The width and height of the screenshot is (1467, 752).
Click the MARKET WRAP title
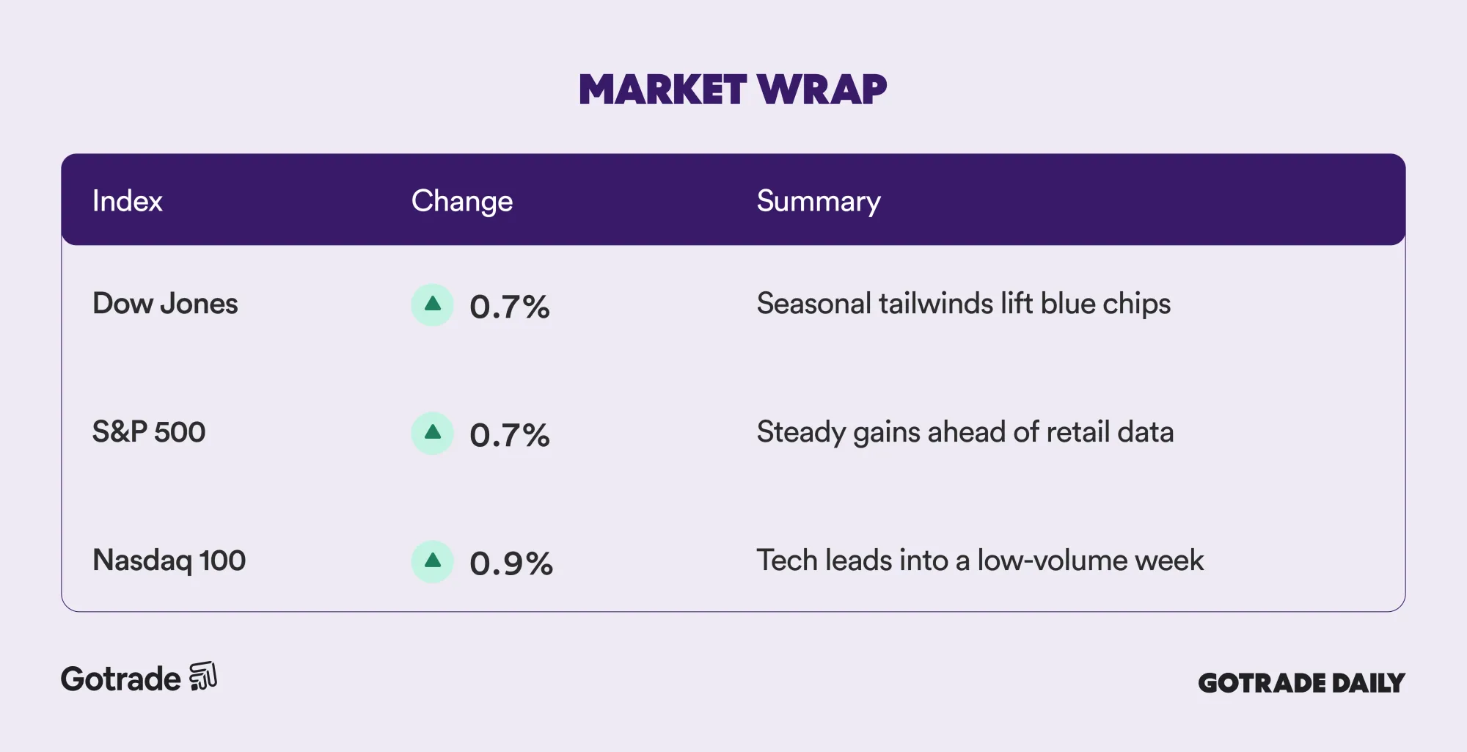(733, 90)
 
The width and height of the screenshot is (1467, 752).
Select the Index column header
(127, 200)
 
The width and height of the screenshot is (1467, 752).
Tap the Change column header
(461, 202)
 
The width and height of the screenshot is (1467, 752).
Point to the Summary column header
(819, 202)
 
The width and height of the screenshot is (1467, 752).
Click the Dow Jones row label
(165, 303)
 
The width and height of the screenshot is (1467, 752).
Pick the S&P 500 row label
(149, 431)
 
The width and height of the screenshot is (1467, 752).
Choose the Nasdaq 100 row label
(169, 561)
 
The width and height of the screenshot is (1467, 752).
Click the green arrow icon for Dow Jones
(433, 304)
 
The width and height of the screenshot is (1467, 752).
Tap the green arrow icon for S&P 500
(433, 433)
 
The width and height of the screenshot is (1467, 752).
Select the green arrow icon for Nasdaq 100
(433, 561)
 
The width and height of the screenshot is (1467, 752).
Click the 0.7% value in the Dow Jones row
(510, 307)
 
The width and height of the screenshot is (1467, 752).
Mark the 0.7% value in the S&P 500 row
(510, 435)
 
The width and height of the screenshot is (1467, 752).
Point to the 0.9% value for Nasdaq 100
(511, 563)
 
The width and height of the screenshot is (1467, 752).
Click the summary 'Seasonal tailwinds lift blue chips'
(964, 304)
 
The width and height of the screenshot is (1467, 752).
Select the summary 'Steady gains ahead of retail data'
(965, 432)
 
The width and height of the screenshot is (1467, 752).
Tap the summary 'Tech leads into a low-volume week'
(980, 561)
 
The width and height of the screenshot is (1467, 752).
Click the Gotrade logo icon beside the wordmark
(203, 676)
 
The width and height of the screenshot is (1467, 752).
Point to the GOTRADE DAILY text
(1301, 683)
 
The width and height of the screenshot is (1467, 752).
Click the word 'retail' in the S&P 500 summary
(1078, 432)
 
